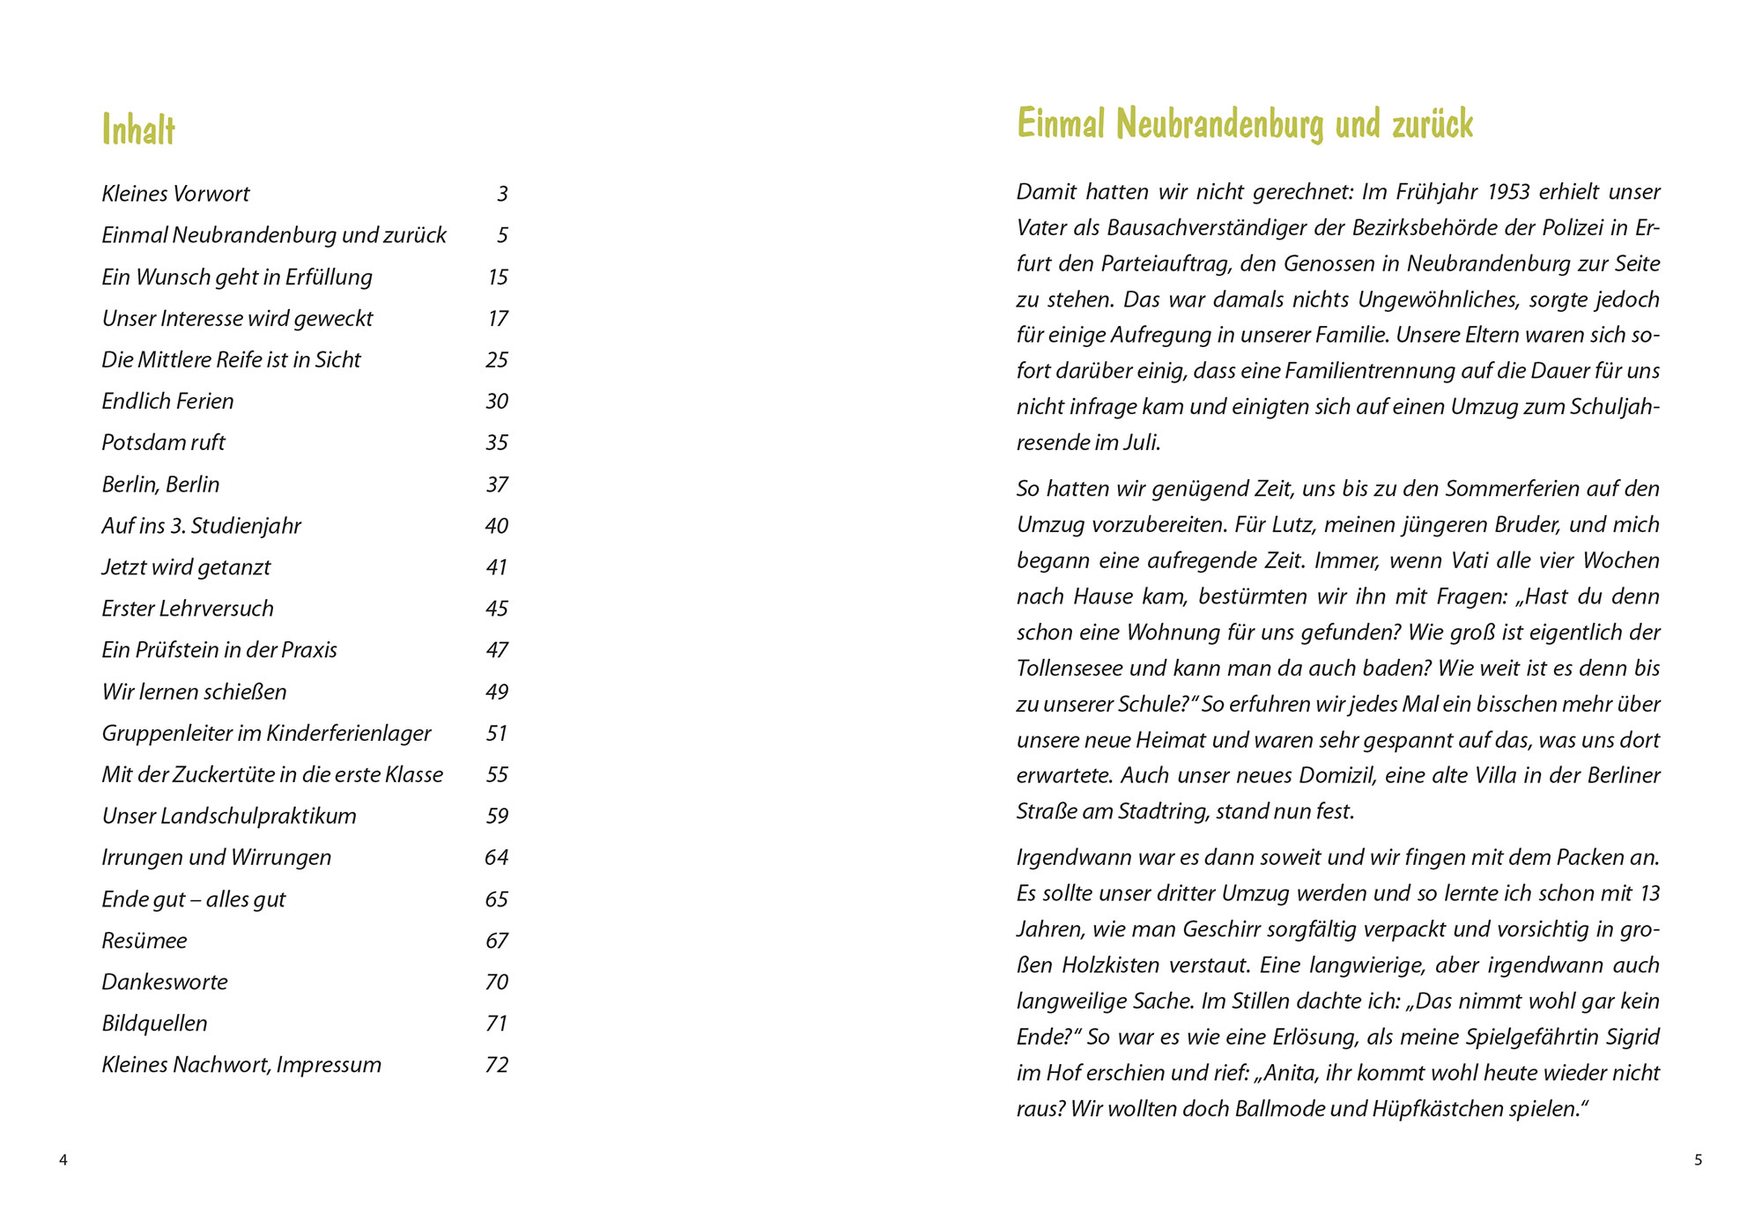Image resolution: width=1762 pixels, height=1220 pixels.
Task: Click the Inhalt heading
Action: click(x=138, y=130)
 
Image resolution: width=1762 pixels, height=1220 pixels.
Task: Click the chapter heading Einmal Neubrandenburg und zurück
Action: click(x=1244, y=124)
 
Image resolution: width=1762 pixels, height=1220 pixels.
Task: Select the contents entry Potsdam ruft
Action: click(x=163, y=442)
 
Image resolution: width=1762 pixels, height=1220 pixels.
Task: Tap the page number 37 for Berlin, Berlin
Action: click(x=497, y=484)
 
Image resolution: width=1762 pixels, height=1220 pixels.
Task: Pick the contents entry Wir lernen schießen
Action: click(x=194, y=691)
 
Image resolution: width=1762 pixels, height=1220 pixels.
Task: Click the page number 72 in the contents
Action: click(x=497, y=1065)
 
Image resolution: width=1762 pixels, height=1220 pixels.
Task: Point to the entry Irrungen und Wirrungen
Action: click(x=216, y=857)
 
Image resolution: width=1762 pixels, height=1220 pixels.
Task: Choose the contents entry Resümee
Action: click(x=144, y=941)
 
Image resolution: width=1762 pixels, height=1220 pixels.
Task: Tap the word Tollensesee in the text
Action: click(x=1069, y=669)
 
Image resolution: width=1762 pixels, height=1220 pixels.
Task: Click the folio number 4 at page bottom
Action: click(x=63, y=1160)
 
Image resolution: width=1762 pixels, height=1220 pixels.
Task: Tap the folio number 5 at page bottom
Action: click(x=1698, y=1160)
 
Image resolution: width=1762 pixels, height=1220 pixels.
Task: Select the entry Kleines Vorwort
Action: click(x=175, y=194)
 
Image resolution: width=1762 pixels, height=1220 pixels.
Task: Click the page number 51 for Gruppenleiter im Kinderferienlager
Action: click(x=497, y=733)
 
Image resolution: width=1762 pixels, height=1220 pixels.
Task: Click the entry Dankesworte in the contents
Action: click(x=164, y=982)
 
